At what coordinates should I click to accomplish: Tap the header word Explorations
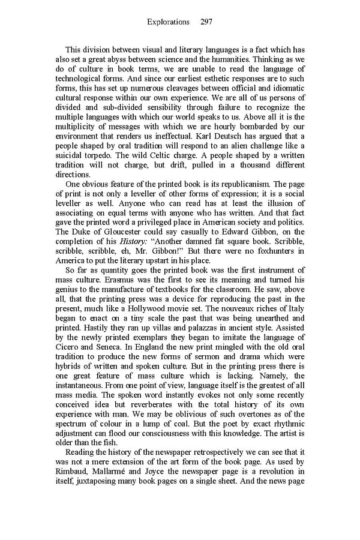170,22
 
